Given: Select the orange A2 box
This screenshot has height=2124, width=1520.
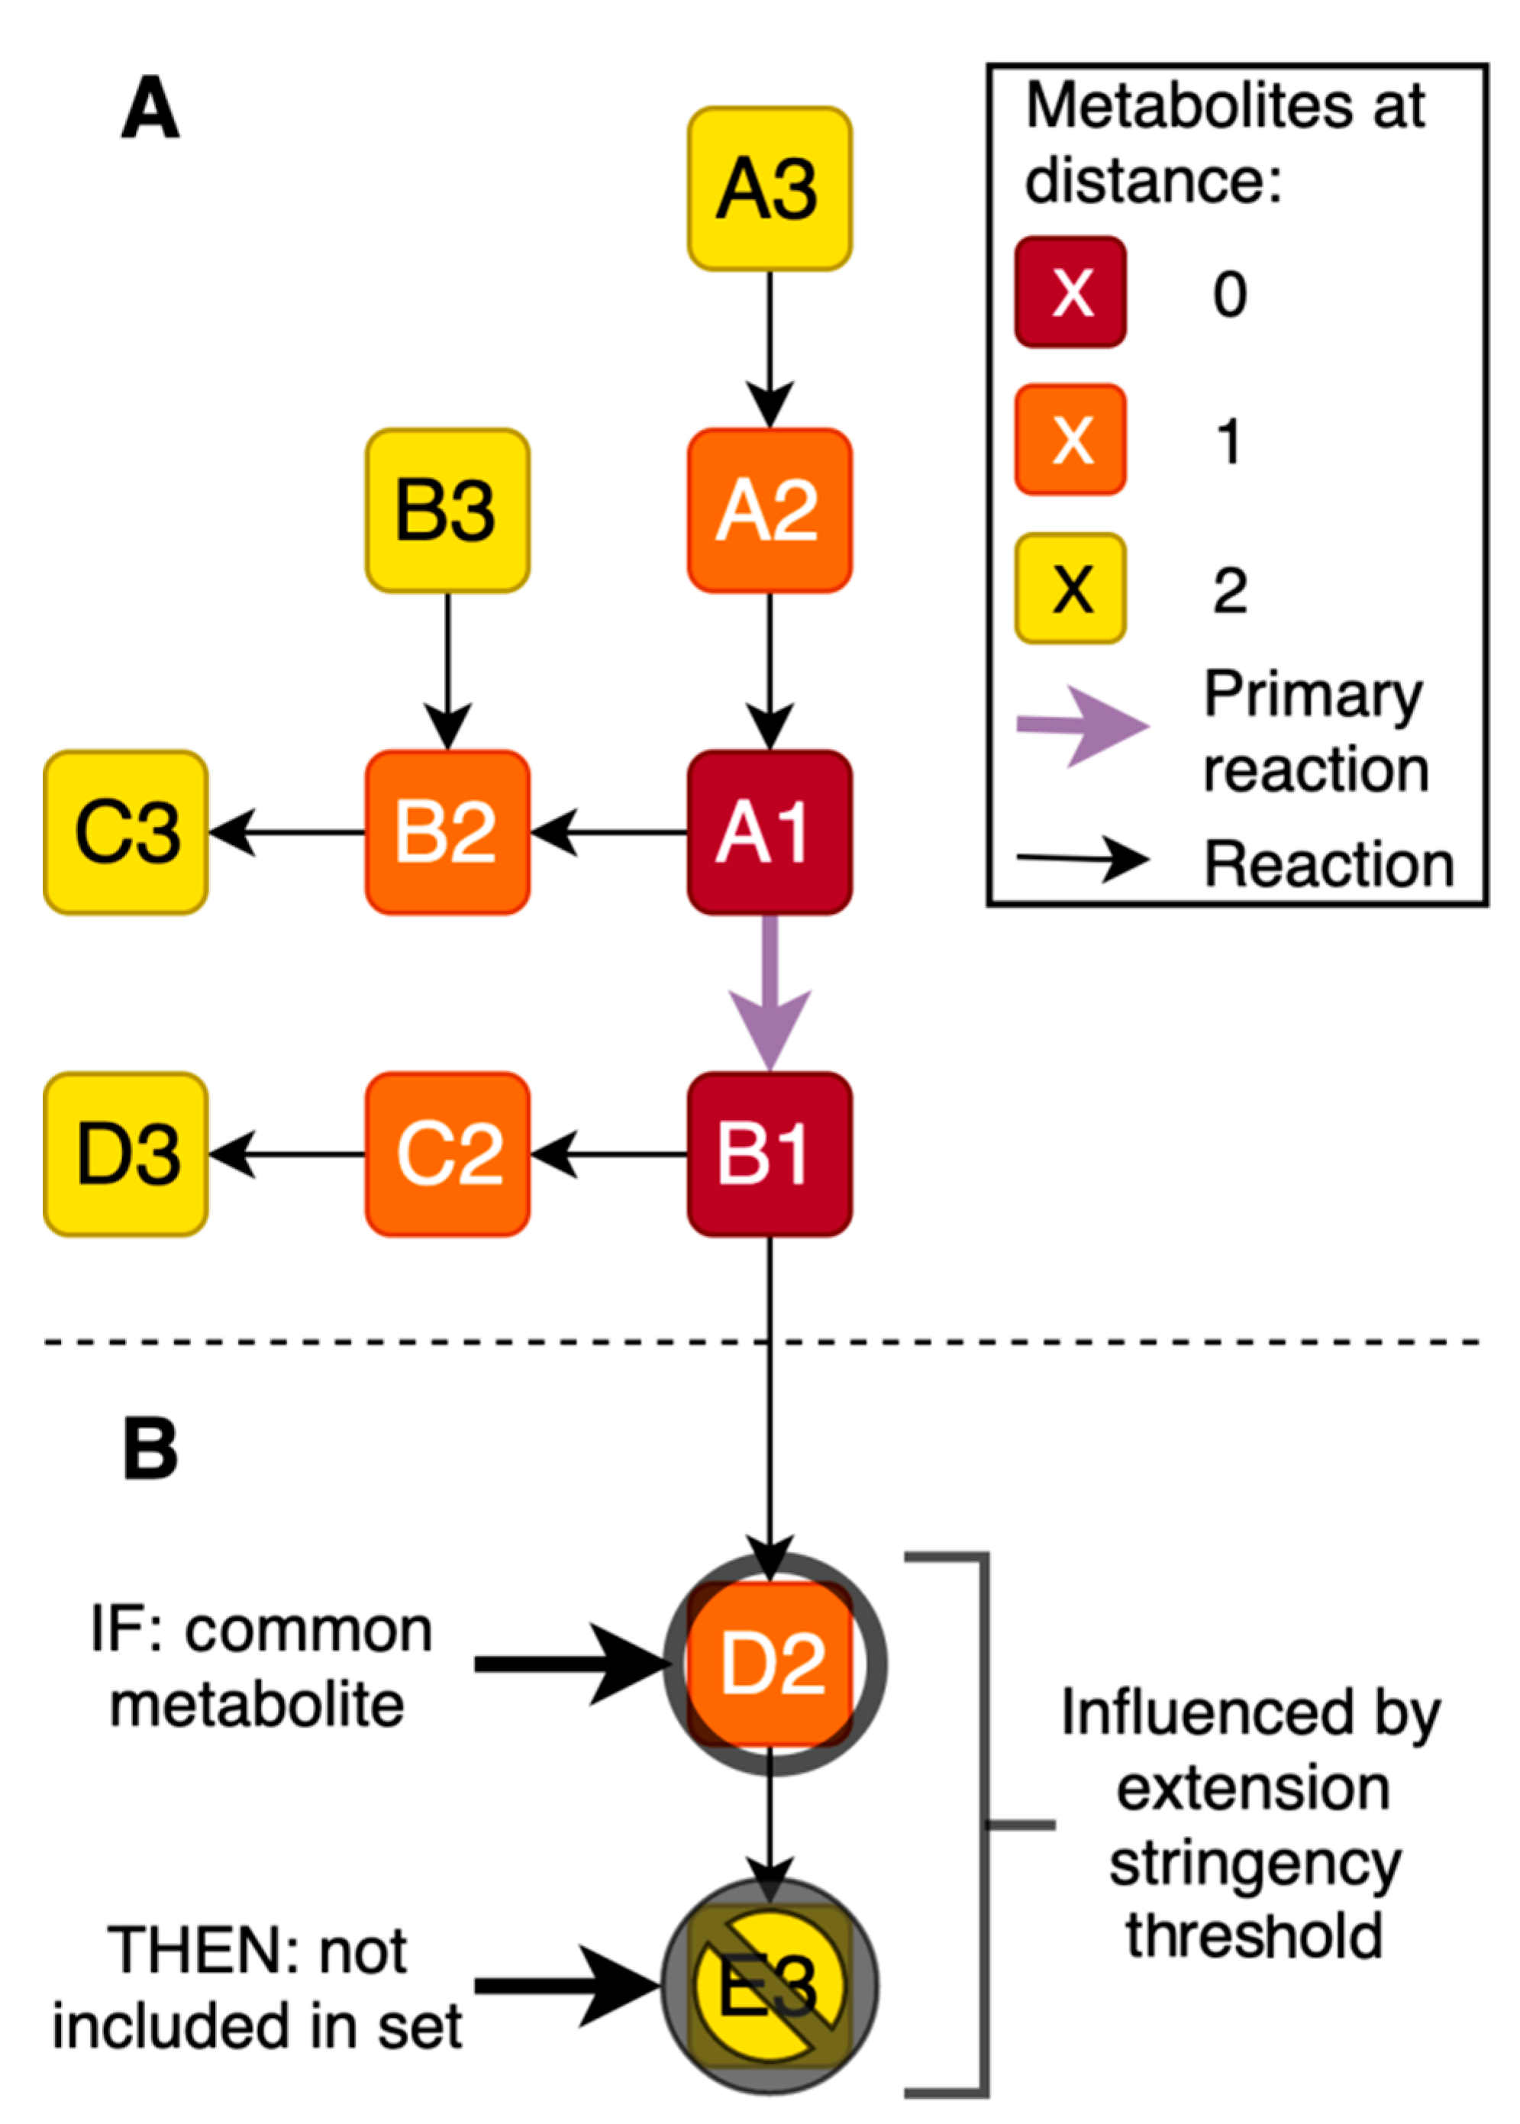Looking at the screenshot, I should coord(770,511).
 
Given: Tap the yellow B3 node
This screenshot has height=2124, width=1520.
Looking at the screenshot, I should coord(447,511).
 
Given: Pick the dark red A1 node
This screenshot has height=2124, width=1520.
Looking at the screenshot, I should coord(770,832).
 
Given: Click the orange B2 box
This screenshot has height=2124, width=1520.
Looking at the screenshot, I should coord(447,832).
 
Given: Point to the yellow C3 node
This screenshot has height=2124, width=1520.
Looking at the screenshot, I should coord(125,832).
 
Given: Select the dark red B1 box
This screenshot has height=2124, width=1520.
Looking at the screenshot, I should coord(770,1154).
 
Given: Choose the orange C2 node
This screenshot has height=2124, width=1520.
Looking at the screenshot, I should coord(447,1154).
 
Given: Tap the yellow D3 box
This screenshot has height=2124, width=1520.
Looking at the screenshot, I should coord(125,1154).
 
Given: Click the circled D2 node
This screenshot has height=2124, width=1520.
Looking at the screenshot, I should coord(773,1664).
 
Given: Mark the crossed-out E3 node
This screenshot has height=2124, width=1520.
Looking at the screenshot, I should coord(770,1986).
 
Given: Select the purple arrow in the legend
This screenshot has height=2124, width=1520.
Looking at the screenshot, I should coord(1081,725).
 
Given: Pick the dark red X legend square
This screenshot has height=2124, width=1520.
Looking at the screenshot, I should coord(1071,292).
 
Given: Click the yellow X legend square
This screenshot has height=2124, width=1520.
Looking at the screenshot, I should coord(1071,589).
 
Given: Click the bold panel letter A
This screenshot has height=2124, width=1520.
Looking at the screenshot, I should coord(150,108).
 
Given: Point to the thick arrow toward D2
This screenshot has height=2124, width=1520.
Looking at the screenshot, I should coord(571,1664).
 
